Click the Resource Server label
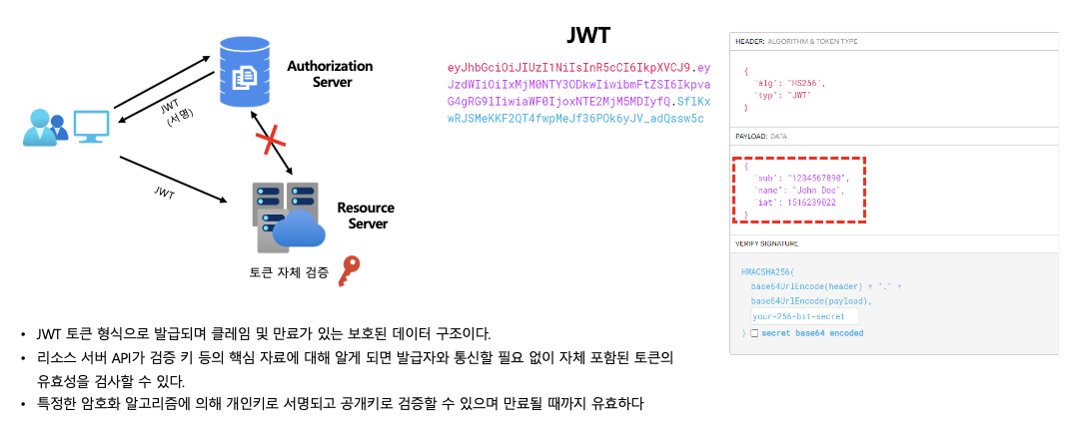[x=365, y=216]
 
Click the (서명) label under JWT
[x=180, y=119]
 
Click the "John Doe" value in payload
[x=818, y=190]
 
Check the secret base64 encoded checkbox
[x=754, y=332]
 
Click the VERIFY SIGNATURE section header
[x=767, y=243]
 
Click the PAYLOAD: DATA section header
[x=761, y=136]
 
